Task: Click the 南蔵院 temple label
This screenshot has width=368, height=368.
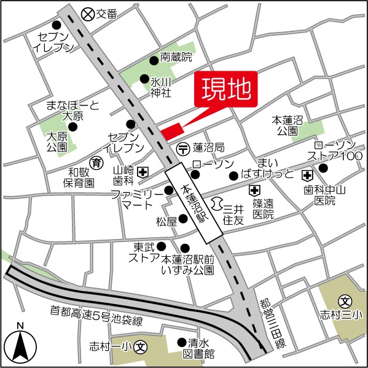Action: [x=176, y=58]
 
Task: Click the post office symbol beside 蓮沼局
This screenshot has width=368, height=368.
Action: [x=183, y=148]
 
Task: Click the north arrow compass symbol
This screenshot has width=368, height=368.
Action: [x=20, y=344]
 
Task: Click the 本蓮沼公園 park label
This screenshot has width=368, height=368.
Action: [x=286, y=126]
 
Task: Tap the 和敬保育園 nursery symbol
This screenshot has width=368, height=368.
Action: [x=96, y=162]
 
